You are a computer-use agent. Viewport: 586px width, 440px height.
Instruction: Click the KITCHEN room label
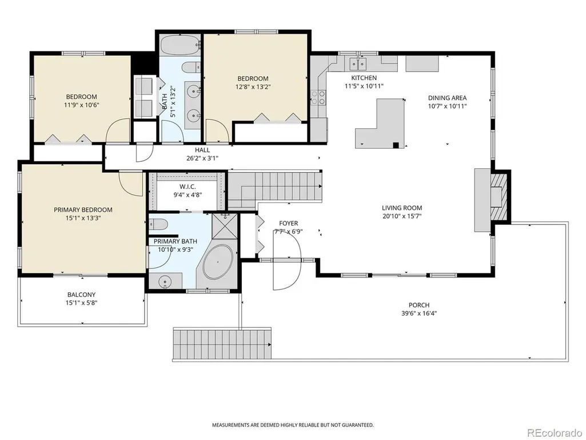[364, 78]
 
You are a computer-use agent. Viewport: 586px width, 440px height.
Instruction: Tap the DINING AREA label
[447, 98]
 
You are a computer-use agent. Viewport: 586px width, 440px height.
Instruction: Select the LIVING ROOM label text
[402, 208]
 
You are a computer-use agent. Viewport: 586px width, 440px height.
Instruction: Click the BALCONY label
[81, 295]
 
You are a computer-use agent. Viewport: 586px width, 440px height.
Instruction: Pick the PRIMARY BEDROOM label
[83, 210]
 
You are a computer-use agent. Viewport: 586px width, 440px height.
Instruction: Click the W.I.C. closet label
[188, 187]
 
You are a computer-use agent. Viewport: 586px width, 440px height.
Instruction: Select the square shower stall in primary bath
[225, 225]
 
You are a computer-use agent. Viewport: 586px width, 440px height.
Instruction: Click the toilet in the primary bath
[158, 224]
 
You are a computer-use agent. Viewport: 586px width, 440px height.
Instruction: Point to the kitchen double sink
[358, 64]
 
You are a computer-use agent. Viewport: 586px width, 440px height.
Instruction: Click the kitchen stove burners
[318, 97]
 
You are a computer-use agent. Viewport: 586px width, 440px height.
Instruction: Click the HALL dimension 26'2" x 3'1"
[202, 158]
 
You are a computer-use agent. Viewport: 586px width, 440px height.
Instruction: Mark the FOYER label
[288, 223]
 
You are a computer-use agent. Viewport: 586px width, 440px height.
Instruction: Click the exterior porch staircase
[222, 343]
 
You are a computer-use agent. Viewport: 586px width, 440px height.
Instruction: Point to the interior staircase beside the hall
[275, 190]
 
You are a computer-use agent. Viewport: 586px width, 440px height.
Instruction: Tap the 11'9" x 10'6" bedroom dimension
[81, 105]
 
